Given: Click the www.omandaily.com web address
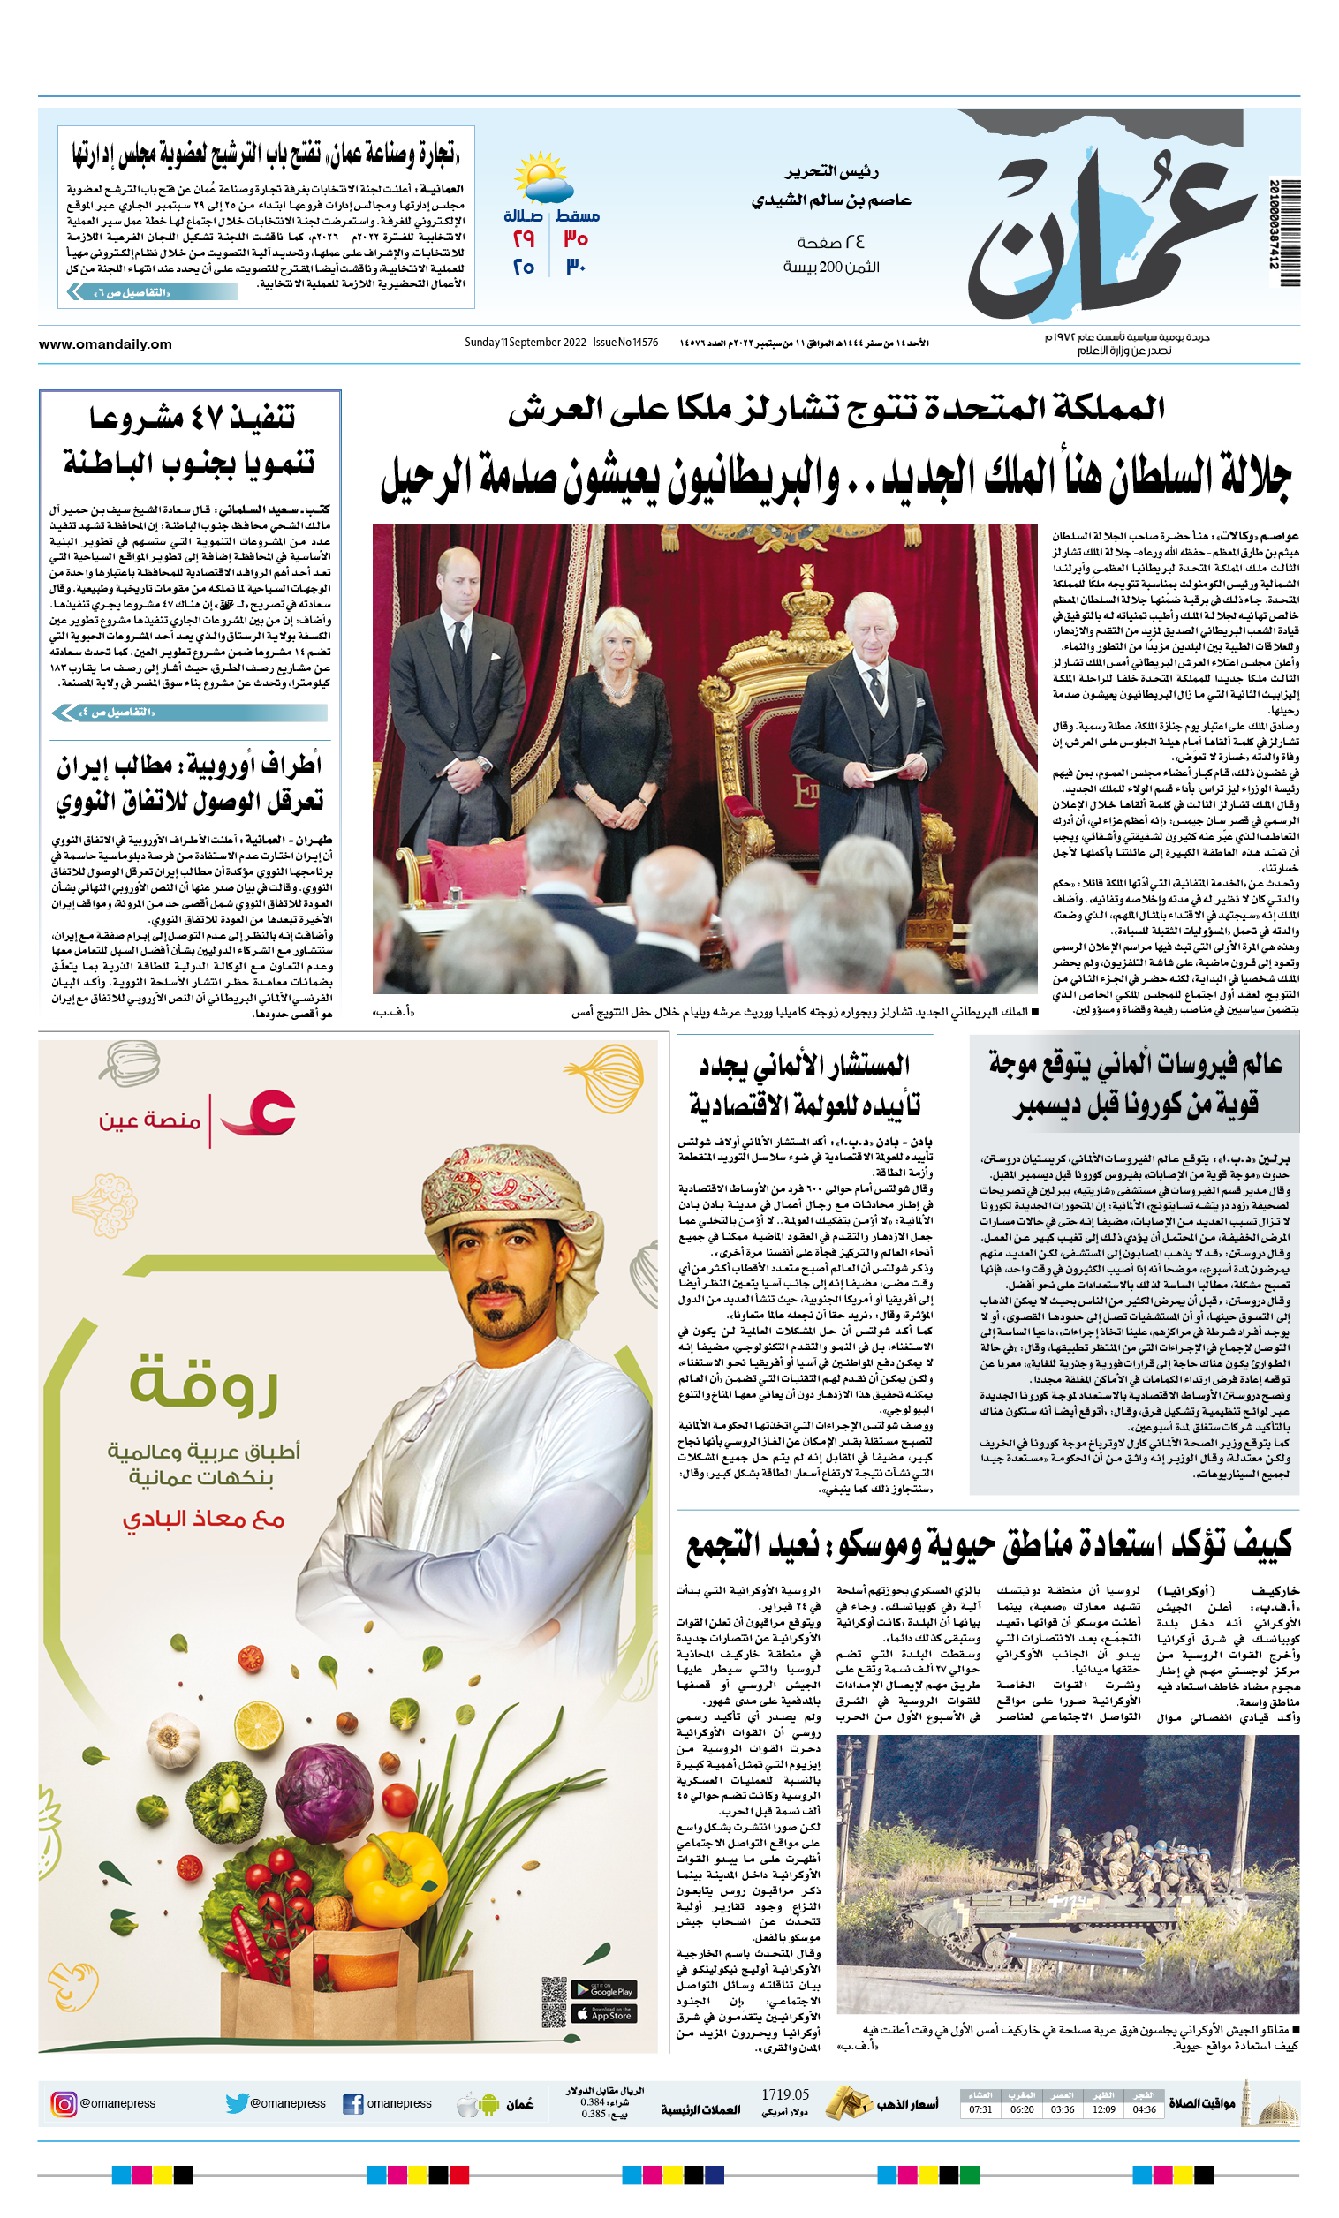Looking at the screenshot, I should (105, 343).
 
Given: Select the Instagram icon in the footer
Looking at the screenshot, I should (64, 2103).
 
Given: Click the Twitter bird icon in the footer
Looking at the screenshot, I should (237, 2103).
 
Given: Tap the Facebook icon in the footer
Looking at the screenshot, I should (353, 2104).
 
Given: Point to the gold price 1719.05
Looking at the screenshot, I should (784, 2094).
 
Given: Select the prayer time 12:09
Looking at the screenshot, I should (1103, 2109).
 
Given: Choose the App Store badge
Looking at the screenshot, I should (603, 2014).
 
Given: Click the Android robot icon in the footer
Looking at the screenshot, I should (489, 2104).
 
